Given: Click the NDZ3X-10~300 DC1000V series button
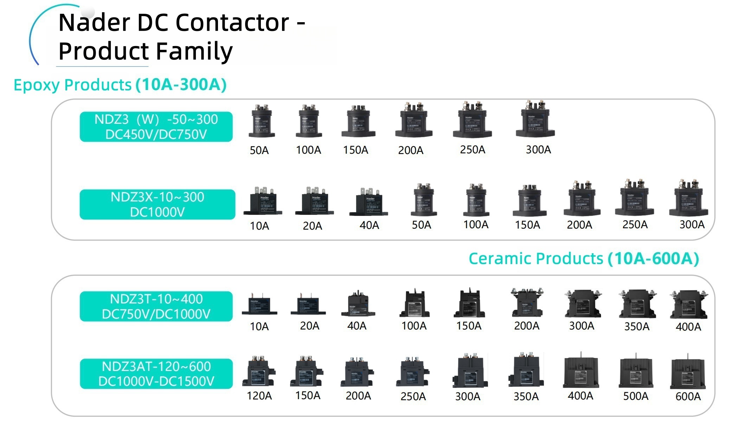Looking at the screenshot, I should pos(157,205).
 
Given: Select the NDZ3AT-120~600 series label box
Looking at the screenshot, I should pos(156,374).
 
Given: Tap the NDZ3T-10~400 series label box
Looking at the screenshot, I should pos(156,306).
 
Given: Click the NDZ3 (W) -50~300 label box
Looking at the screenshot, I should pos(156,127).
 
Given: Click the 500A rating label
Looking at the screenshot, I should pos(636,396).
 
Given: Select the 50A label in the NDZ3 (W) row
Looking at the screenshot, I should pos(259,151).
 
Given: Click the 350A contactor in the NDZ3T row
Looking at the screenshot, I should pos(637,305).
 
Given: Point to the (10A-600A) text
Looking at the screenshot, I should pos(653,258).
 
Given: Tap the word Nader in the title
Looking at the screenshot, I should pos(94,23).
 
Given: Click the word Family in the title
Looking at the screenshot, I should pos(194,51).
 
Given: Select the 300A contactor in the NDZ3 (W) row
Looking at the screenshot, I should pos(536,120).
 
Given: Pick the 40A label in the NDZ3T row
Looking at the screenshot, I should pos(357,326).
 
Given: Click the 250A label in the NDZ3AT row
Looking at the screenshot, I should pos(413,397).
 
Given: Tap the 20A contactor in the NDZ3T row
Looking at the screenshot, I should pos(308,305).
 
